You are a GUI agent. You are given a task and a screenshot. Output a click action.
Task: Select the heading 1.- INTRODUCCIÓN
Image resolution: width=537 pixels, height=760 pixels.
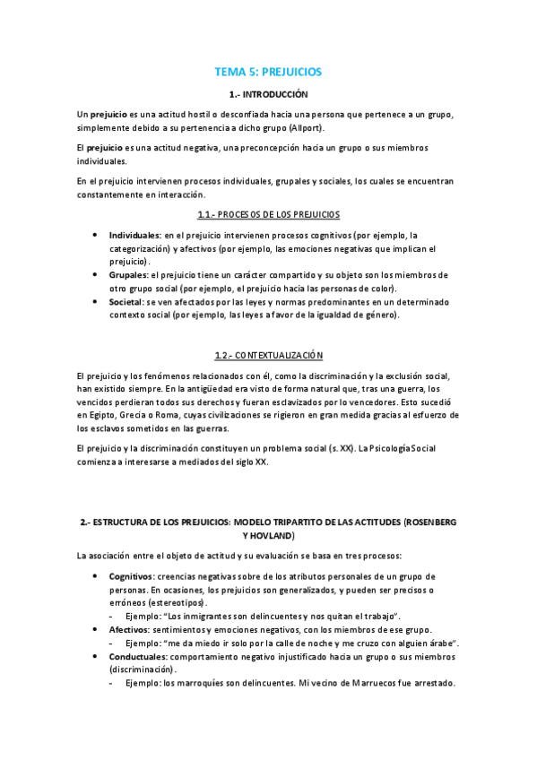pos(268,94)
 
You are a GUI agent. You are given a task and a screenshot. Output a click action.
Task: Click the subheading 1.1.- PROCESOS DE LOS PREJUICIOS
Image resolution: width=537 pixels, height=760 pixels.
pos(268,215)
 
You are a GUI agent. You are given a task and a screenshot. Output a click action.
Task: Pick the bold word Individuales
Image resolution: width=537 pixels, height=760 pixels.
pos(134,235)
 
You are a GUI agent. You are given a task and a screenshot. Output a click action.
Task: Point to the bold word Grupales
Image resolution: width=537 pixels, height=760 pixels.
pos(128,275)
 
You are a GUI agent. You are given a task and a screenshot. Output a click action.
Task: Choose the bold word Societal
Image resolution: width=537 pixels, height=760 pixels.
pos(127,302)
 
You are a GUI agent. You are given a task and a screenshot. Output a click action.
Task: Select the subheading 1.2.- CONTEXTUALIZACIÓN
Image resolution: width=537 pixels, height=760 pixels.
pos(268,355)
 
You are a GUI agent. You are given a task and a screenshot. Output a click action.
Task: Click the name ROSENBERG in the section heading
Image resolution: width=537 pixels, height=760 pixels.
pos(435,522)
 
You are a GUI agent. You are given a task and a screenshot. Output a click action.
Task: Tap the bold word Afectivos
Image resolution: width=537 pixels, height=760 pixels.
pos(129,630)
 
